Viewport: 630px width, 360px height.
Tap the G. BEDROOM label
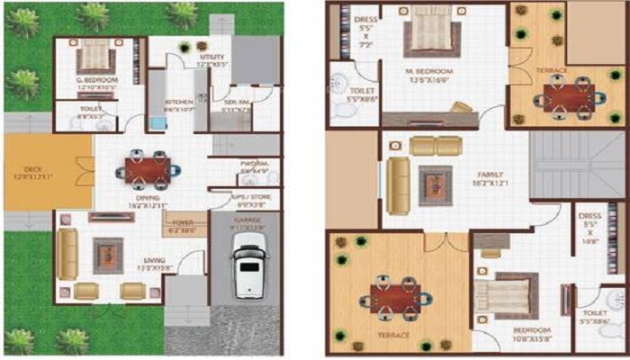[x=93, y=83]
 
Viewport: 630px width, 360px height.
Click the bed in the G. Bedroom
[x=93, y=59]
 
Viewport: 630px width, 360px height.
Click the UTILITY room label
[x=212, y=58]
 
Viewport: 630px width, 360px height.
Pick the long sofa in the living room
[x=67, y=253]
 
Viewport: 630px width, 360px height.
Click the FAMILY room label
[x=483, y=175]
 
